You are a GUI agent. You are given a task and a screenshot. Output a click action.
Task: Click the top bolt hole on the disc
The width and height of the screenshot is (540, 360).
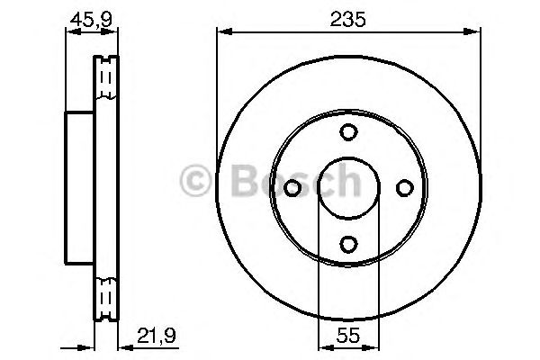pos(348,132)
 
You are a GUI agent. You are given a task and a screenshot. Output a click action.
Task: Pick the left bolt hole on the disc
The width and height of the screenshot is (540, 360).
pos(292,188)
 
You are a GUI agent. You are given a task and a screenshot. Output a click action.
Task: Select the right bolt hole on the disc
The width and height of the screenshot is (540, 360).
pos(404,188)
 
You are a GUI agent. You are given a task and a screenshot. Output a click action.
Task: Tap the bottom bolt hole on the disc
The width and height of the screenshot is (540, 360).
pos(348,243)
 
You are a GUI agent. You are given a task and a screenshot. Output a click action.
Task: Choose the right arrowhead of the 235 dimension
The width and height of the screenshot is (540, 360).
pos(475,33)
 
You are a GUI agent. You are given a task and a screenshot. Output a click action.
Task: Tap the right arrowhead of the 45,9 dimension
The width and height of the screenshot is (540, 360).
pos(114,32)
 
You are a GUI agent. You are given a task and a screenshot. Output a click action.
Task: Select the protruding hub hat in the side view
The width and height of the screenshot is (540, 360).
pos(80,188)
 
